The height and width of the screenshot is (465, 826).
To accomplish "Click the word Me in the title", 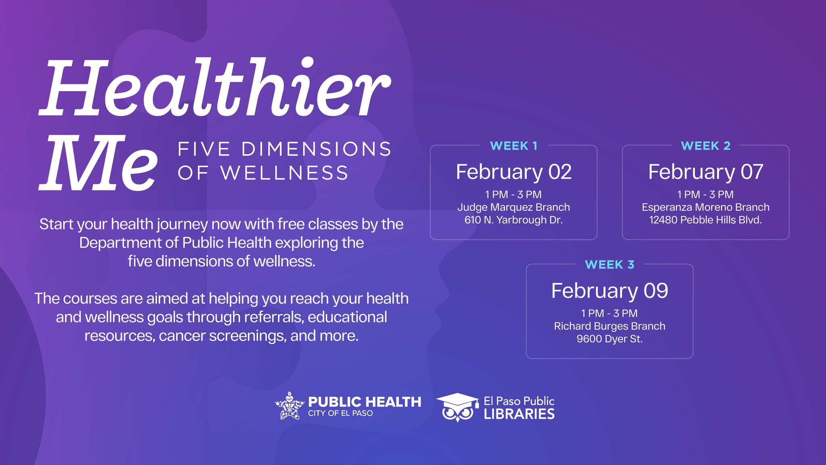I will tap(99, 163).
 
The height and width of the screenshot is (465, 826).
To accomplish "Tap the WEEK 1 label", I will tap(513, 146).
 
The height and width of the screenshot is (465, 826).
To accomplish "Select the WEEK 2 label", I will tap(705, 146).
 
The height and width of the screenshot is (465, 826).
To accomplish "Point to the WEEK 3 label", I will tap(609, 264).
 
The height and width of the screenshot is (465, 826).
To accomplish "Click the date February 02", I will tap(513, 172).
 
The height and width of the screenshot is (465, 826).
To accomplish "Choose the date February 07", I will tap(705, 172).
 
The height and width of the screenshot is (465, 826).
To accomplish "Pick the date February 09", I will tap(609, 291).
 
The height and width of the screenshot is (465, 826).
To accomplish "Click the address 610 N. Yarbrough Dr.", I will tap(513, 220).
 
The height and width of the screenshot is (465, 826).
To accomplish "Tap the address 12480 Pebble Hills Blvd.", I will tap(705, 220).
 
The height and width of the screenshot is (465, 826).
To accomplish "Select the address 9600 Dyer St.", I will tap(609, 339).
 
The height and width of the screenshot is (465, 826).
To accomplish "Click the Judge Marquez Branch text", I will tap(513, 207).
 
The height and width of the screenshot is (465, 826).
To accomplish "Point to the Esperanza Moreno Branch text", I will tap(705, 207).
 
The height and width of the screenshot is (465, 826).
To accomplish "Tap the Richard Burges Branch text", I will tap(609, 326).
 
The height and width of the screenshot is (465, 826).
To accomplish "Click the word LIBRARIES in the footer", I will tap(519, 414).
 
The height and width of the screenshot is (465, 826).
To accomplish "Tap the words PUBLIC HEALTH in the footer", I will tap(365, 402).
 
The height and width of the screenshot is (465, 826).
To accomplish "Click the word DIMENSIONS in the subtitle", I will tap(316, 149).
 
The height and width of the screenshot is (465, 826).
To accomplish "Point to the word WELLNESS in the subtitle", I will tap(284, 173).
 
